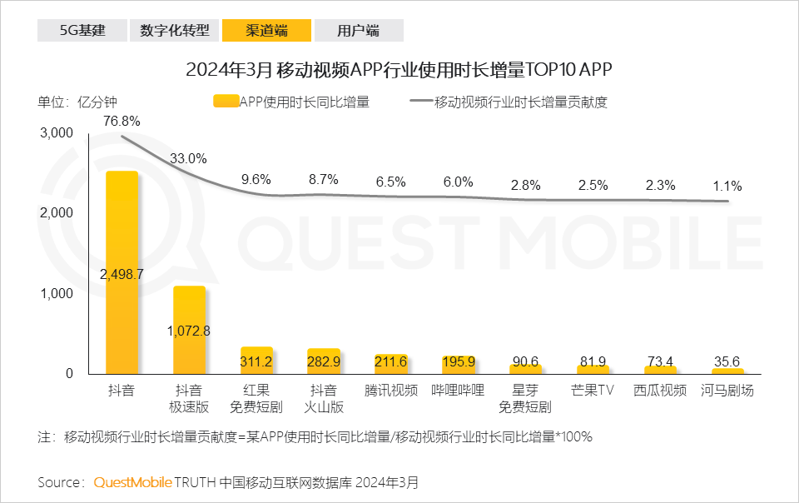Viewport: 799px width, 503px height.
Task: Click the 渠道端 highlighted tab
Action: [266, 31]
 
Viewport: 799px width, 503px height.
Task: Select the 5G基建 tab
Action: [82, 31]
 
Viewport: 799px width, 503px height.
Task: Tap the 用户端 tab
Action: [358, 31]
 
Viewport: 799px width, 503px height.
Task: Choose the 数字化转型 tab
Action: [174, 31]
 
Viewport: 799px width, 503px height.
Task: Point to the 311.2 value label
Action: [256, 361]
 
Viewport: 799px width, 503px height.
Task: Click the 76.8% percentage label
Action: [122, 121]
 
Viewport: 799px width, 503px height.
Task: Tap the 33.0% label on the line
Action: [188, 158]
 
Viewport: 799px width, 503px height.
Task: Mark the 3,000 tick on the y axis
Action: [57, 133]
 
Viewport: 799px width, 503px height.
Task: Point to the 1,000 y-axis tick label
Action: [57, 294]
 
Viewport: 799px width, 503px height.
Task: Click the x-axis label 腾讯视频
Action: [391, 391]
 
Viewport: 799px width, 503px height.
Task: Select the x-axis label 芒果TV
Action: [593, 391]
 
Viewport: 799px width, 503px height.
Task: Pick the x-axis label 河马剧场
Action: [727, 391]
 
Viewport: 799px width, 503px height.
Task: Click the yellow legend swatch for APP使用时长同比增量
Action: [226, 102]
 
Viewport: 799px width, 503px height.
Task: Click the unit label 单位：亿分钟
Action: [77, 102]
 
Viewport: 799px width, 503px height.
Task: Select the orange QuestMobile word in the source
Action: [132, 482]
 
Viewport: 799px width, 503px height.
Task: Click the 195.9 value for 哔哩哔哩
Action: [459, 361]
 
